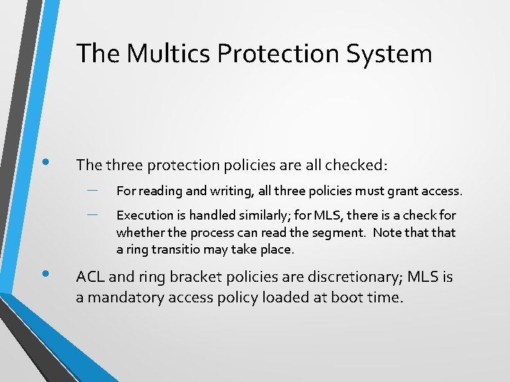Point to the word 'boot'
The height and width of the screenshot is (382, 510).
coord(345,298)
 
